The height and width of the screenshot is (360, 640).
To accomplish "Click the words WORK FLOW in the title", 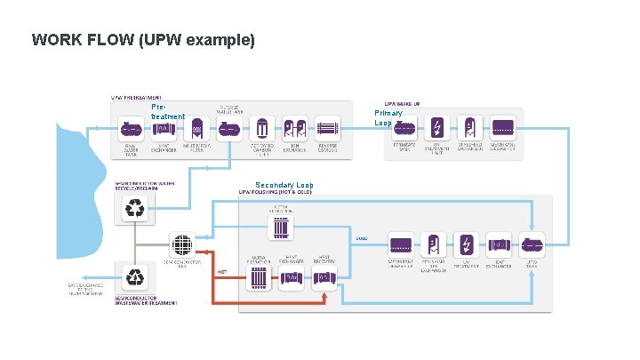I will click(75, 40).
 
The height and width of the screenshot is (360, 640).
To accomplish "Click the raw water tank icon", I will click(131, 130).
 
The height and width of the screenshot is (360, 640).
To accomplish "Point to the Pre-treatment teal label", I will click(167, 112).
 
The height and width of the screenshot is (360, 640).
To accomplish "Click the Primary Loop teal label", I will click(388, 118).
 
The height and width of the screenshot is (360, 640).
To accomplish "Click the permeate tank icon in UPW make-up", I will click(404, 126).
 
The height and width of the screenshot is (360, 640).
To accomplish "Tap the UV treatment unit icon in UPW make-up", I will click(437, 126).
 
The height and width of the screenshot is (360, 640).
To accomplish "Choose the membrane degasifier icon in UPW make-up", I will click(503, 126).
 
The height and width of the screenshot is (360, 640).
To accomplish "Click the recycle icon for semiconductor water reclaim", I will click(135, 208).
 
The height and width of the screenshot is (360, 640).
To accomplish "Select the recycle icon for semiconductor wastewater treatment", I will click(135, 276).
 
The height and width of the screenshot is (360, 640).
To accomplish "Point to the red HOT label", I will click(222, 271).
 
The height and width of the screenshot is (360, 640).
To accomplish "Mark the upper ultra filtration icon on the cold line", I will click(280, 228).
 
